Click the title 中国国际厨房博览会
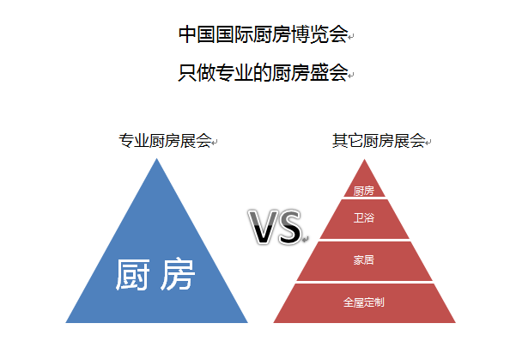[263, 34]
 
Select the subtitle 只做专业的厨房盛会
[263, 72]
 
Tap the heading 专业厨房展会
[165, 141]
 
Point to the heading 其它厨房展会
[379, 141]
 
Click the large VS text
[275, 227]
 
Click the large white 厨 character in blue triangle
[133, 274]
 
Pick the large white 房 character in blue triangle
[178, 274]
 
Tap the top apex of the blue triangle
[157, 158]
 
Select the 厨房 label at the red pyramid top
[364, 191]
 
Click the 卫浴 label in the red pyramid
[364, 217]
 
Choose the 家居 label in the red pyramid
[364, 260]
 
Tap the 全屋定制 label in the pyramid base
[364, 302]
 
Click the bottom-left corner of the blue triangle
[66, 322]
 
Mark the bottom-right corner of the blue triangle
[247, 322]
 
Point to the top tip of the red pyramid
[364, 160]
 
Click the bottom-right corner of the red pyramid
[455, 322]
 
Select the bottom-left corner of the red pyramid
[274, 322]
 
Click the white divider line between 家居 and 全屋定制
[364, 282]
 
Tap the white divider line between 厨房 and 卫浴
[364, 198]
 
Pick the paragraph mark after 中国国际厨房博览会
[351, 37]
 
